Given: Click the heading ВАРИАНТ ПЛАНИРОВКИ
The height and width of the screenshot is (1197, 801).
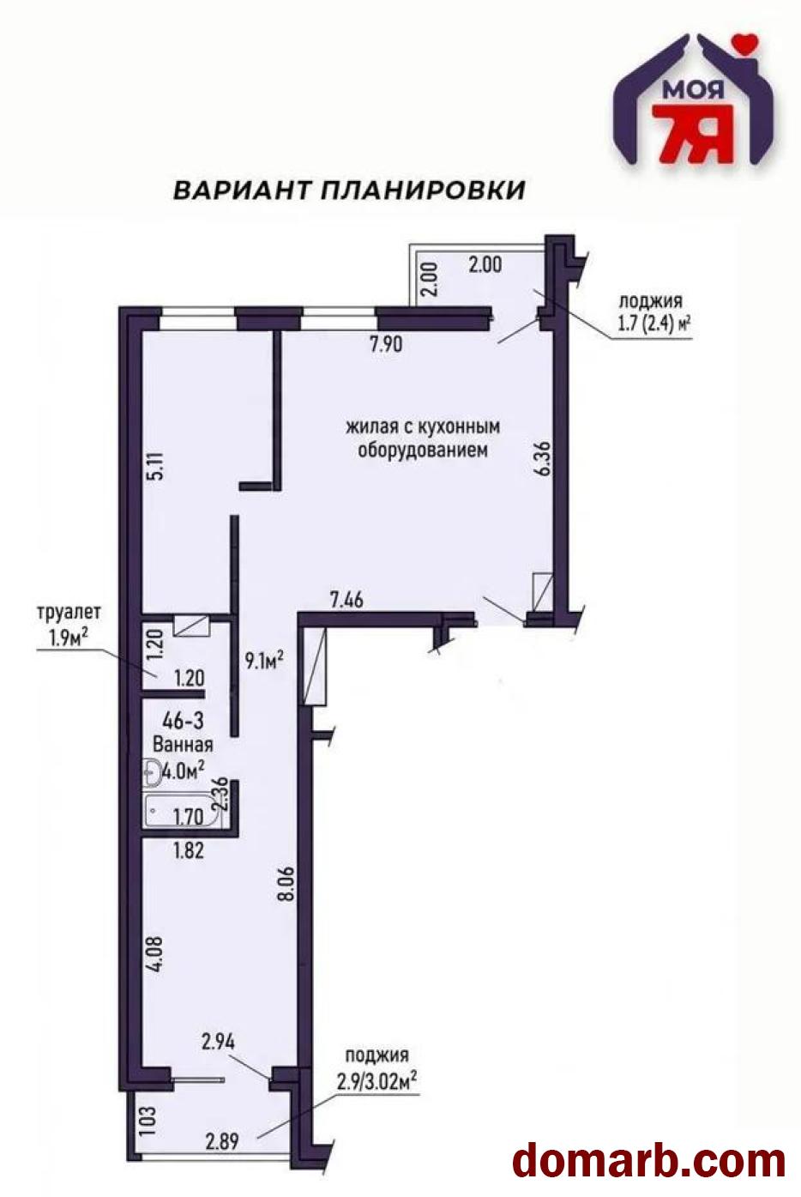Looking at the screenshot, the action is point(350,190).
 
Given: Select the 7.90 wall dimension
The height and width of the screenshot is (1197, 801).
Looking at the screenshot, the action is point(386,344).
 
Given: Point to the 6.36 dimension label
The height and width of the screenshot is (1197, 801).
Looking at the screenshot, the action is point(544,458).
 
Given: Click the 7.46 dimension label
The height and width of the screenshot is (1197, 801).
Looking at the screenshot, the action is point(346,600).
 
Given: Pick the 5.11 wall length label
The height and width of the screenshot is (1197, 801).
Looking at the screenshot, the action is point(159,466).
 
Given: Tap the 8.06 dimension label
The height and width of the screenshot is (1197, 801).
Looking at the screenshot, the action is point(286,884).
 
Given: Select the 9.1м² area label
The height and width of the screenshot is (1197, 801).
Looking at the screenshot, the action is point(264,661).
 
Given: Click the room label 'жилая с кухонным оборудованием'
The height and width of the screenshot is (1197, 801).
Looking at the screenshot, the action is point(423,438).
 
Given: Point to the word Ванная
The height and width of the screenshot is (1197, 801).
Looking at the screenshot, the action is point(183,745).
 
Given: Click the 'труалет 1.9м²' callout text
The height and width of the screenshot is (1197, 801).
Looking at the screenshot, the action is point(69,625).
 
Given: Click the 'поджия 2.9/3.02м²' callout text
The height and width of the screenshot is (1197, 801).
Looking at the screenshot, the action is point(376,1069).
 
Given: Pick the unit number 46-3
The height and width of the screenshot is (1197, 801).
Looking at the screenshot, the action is point(183,721).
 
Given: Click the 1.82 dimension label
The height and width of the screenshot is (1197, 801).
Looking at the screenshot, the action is point(189,849).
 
